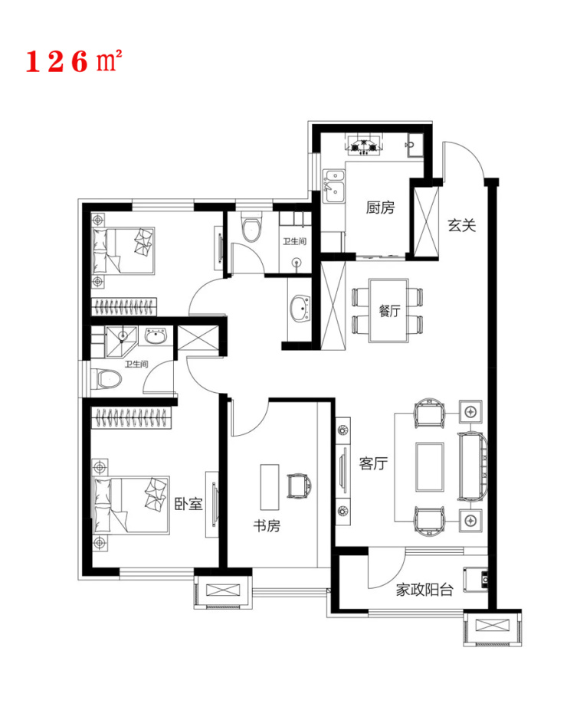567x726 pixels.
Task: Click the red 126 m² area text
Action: pos(74,61)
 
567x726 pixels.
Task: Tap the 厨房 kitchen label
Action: pos(380,207)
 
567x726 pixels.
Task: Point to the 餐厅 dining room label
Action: pos(390,311)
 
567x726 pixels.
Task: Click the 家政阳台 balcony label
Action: pos(425,590)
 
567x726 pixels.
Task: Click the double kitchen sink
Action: pos(334,188)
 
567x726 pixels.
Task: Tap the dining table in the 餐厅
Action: pos(388,310)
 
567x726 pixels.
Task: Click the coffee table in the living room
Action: pos(430,466)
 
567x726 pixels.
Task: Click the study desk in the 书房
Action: pos(269,487)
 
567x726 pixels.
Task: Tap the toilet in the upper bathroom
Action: pos(251,227)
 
